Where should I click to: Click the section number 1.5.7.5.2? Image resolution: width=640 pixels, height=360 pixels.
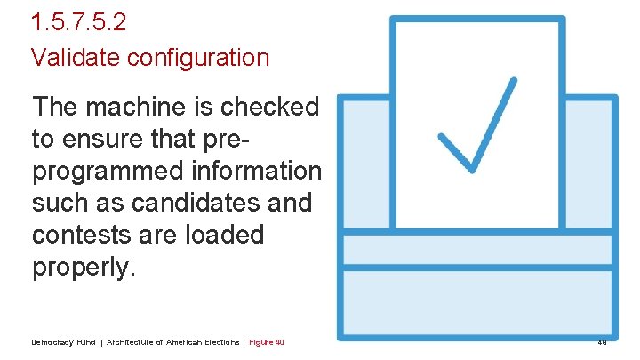[79, 21]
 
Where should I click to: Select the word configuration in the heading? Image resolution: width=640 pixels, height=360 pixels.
[198, 58]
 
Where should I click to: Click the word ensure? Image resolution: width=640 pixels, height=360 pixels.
[104, 139]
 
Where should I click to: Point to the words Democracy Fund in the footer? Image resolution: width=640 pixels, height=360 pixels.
[62, 342]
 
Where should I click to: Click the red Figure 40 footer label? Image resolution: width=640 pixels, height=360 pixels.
[267, 342]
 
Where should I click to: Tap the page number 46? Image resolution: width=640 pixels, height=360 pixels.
[602, 342]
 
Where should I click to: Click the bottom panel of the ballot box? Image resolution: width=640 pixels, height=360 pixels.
[478, 302]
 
